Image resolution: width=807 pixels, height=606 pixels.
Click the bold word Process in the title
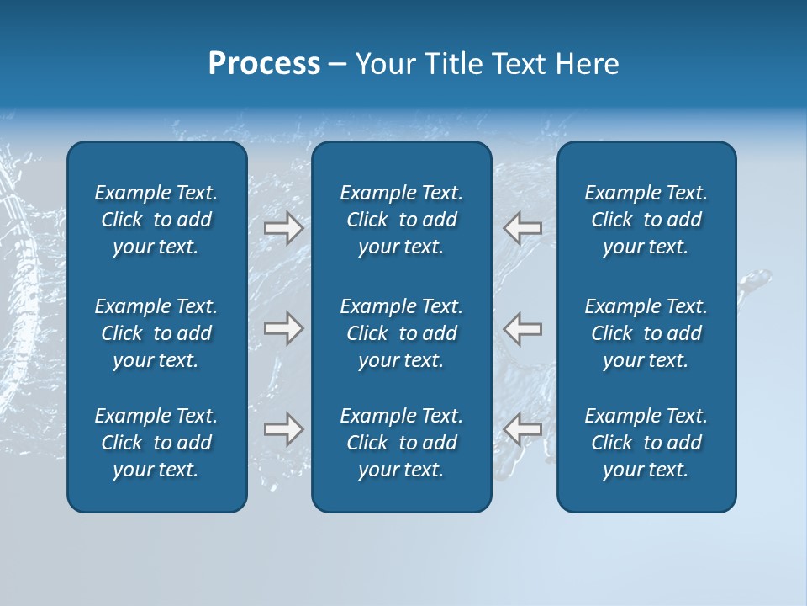(264, 64)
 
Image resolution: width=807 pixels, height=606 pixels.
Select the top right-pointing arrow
(283, 227)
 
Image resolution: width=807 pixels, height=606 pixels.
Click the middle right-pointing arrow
(283, 328)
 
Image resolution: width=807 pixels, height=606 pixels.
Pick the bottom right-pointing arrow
(283, 429)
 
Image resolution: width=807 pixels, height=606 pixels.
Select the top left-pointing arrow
(523, 227)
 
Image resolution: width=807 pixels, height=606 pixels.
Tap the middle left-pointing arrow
(523, 328)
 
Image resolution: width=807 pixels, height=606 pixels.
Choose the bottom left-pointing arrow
(523, 429)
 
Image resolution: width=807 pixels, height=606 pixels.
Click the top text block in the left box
(156, 220)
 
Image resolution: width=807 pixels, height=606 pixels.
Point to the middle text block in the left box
(156, 333)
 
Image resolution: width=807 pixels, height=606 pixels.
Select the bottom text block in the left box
(156, 443)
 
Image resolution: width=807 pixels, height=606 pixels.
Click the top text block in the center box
(401, 220)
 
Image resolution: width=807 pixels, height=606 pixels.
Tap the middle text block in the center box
(401, 333)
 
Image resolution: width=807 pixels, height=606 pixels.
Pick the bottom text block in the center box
(401, 443)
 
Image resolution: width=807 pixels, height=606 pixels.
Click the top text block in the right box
(646, 220)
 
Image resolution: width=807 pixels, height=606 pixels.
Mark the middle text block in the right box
(646, 333)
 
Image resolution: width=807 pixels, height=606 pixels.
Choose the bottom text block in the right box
(646, 443)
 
